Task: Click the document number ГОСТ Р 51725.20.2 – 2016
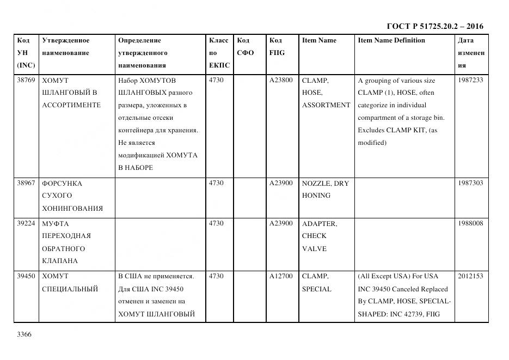(434, 26)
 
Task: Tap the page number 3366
(25, 334)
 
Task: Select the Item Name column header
(319, 40)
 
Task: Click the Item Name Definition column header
(391, 40)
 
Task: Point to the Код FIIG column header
(277, 46)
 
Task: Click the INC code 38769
(26, 80)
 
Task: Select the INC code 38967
(26, 183)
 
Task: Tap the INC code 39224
(26, 223)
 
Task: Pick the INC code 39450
(26, 276)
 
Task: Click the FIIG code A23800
(281, 80)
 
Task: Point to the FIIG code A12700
(281, 276)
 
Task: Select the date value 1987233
(470, 80)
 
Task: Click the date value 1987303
(470, 183)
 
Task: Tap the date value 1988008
(470, 223)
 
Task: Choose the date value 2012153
(470, 276)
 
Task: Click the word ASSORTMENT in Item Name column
(326, 105)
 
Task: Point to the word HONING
(316, 196)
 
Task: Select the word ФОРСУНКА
(62, 184)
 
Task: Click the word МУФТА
(56, 224)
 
